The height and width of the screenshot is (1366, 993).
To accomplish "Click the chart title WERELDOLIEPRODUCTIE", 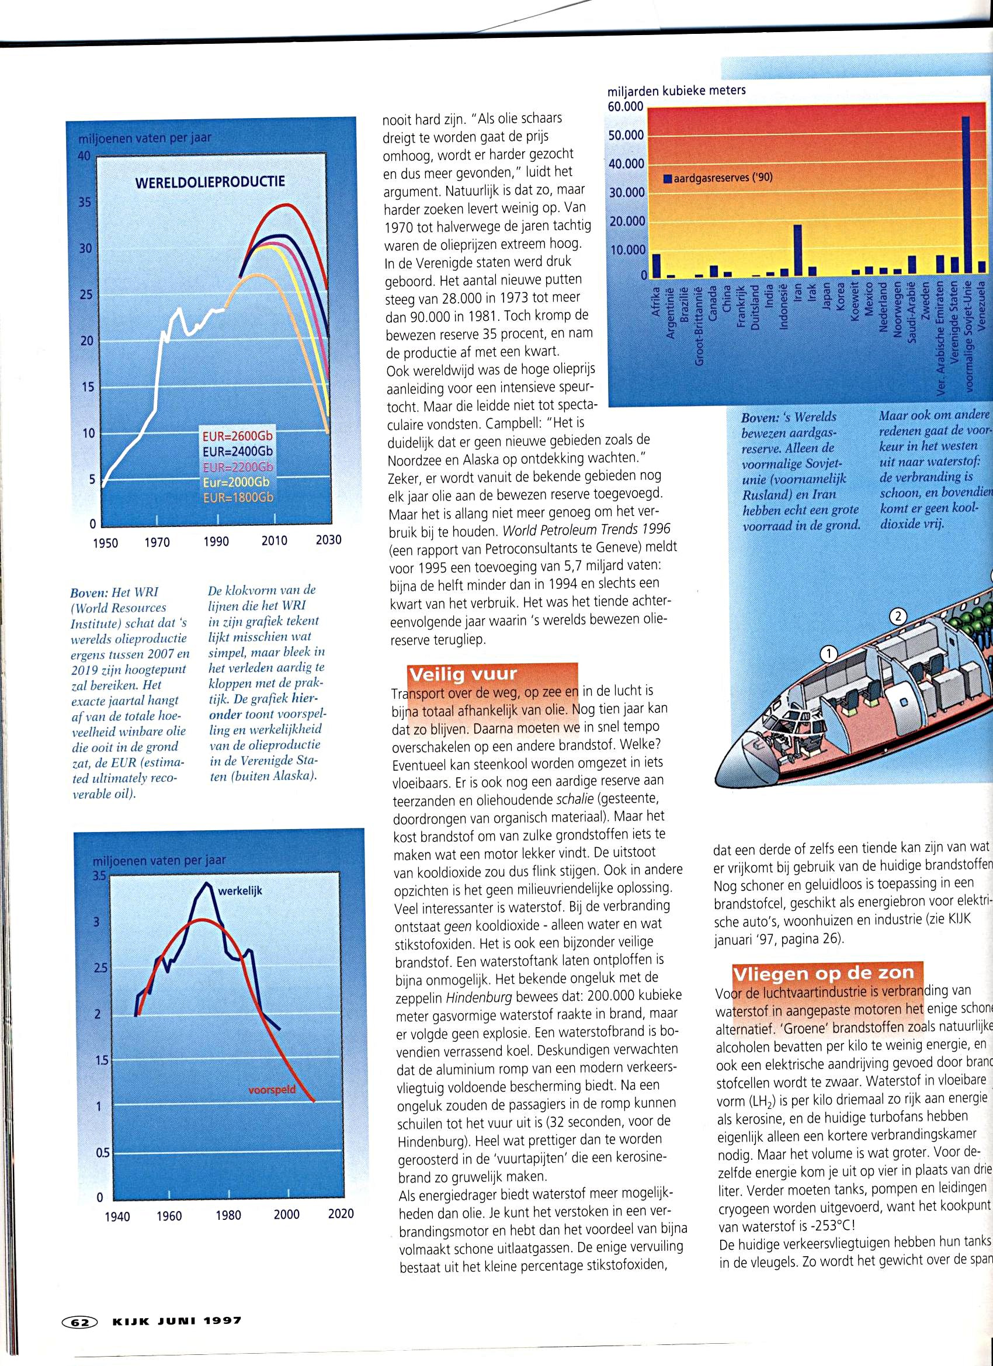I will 210,182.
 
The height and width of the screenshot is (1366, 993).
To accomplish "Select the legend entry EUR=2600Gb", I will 237,435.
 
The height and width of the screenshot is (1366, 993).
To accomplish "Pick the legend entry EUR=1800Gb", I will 238,497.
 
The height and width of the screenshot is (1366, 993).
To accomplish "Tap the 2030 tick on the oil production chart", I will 328,540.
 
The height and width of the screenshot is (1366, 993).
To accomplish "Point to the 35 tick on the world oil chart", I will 84,202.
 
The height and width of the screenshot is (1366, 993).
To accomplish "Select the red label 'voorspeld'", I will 272,1090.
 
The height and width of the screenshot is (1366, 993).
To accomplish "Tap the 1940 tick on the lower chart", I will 117,1216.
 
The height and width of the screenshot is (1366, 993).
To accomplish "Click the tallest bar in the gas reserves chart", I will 966,195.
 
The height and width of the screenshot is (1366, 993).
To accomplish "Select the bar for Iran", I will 797,250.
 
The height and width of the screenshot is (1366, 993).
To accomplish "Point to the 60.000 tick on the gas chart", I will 626,107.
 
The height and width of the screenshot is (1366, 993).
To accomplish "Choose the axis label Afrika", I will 657,301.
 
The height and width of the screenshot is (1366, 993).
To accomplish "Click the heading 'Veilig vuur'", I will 463,674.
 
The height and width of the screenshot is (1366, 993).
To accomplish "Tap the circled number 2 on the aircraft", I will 898,616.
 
